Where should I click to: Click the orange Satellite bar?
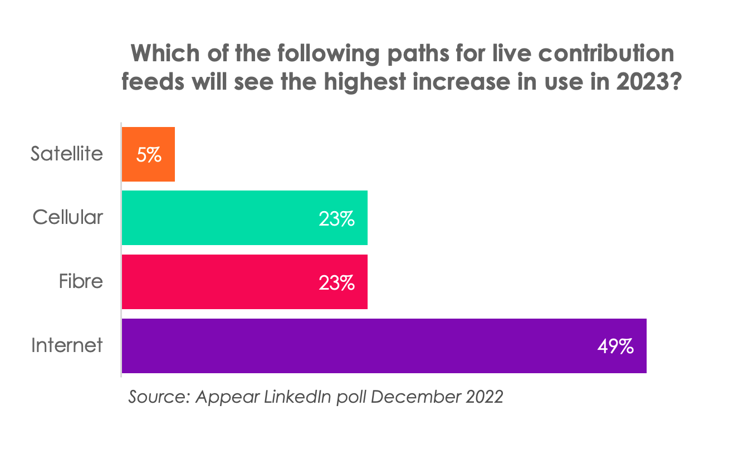(148, 154)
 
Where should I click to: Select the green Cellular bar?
(245, 218)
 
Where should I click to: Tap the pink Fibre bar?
(245, 282)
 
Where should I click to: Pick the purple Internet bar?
(384, 346)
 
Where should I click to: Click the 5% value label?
(149, 155)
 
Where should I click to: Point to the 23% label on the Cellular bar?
(336, 219)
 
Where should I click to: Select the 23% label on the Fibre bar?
(336, 283)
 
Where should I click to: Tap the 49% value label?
(615, 346)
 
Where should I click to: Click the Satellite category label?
(67, 154)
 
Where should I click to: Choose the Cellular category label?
(68, 217)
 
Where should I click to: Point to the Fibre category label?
(81, 281)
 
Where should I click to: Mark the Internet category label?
(67, 345)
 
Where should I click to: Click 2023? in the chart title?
(652, 82)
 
